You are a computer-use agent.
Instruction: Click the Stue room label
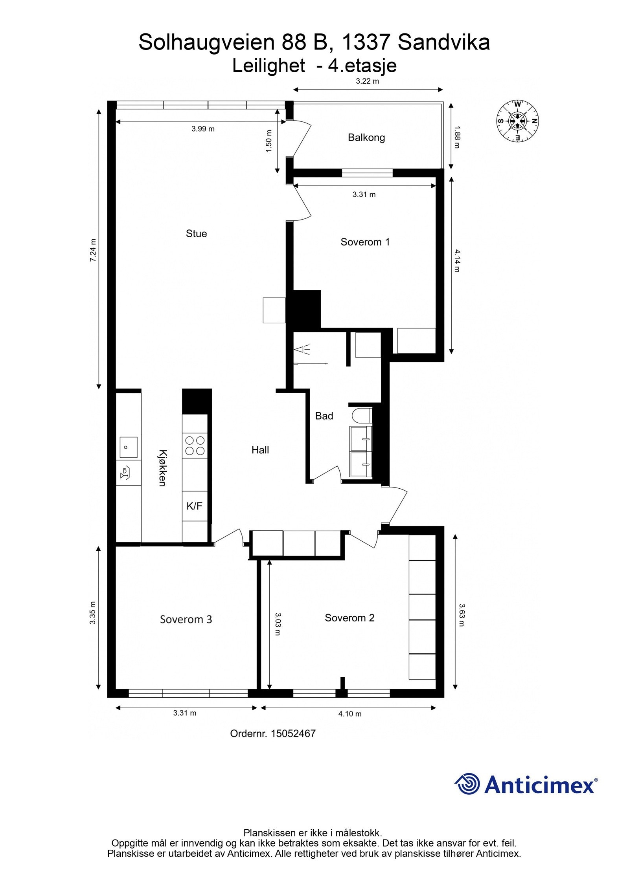(196, 233)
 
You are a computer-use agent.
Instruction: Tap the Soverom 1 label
(365, 242)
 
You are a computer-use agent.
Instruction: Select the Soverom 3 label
(186, 619)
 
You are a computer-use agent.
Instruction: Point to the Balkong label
(366, 137)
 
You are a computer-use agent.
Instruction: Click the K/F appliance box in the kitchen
(194, 506)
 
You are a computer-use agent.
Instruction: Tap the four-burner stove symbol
(195, 445)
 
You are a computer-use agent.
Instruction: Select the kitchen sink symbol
(128, 447)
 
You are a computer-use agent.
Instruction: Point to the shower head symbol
(303, 349)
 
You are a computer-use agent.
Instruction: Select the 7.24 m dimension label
(93, 250)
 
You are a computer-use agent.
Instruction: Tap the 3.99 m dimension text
(203, 129)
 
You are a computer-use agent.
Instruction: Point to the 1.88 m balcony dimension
(456, 137)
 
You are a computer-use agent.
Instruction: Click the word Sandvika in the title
(443, 42)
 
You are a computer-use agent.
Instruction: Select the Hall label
(260, 450)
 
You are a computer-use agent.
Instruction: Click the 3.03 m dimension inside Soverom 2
(277, 624)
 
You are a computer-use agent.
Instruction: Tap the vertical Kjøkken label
(162, 467)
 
